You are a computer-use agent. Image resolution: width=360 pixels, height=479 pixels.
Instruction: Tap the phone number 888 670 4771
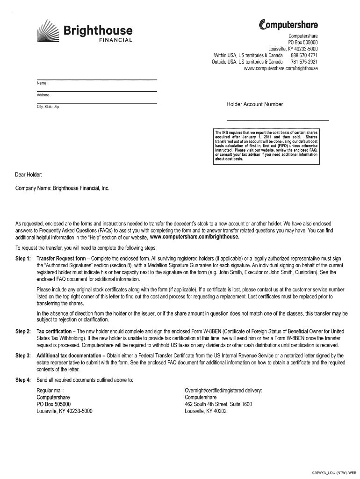pyautogui.click(x=304, y=55)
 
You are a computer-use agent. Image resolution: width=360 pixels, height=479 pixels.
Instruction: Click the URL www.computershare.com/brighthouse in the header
pyautogui.click(x=281, y=68)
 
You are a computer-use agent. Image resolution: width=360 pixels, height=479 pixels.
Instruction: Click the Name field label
pyautogui.click(x=41, y=83)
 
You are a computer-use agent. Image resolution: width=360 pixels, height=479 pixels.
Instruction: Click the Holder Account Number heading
pyautogui.click(x=254, y=104)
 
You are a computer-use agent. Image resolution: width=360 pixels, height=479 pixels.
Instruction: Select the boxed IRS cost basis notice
pyautogui.click(x=266, y=146)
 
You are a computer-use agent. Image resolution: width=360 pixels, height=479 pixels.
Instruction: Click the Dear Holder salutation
pyautogui.click(x=29, y=175)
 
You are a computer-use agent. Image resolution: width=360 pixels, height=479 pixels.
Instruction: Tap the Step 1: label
pyautogui.click(x=23, y=259)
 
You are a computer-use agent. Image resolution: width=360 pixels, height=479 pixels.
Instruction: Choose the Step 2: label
pyautogui.click(x=23, y=332)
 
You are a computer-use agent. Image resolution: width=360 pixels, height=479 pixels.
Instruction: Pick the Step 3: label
pyautogui.click(x=23, y=356)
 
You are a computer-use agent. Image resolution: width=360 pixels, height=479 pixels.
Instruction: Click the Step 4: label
pyautogui.click(x=23, y=380)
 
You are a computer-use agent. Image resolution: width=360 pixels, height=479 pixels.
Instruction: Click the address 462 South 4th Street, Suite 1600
pyautogui.click(x=218, y=404)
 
